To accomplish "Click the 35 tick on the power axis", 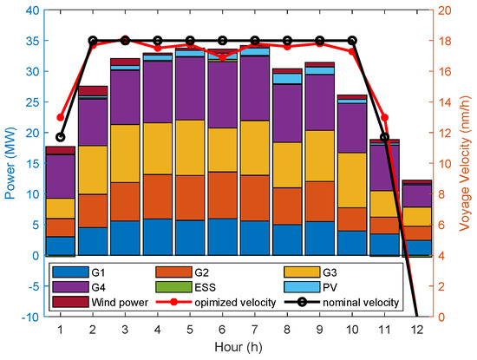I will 32,41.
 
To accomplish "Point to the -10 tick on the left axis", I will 29,317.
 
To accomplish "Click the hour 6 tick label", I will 222,330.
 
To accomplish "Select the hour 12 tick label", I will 416,330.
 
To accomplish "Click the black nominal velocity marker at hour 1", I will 60,137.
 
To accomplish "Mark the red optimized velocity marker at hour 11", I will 384,117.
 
